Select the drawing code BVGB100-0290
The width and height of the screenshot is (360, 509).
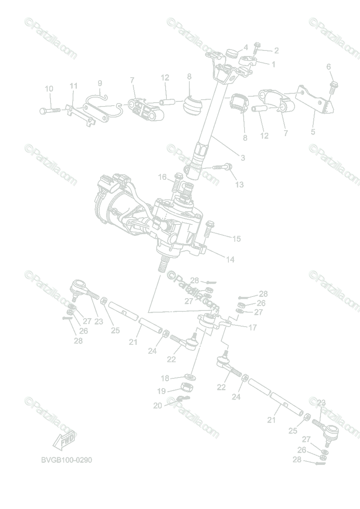point(67,460)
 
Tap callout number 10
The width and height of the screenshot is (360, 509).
point(49,89)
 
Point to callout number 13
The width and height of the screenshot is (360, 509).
point(239,185)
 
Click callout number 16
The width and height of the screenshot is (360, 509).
point(163,177)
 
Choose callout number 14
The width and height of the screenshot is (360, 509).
point(230,259)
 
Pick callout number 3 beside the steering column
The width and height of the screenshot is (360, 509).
point(243,158)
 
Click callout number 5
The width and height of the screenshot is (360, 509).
point(313,131)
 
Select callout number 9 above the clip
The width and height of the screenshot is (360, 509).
point(100,83)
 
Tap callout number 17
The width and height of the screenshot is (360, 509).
point(253,327)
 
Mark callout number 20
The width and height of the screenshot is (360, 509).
point(158,406)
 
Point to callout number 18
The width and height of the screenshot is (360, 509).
point(165,378)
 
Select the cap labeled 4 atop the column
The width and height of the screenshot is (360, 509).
point(231,53)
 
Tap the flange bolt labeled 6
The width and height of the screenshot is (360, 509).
point(333,87)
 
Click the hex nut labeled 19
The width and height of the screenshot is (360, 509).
point(186,387)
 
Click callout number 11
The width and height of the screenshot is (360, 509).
point(74,86)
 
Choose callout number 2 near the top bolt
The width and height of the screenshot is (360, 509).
point(276,50)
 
